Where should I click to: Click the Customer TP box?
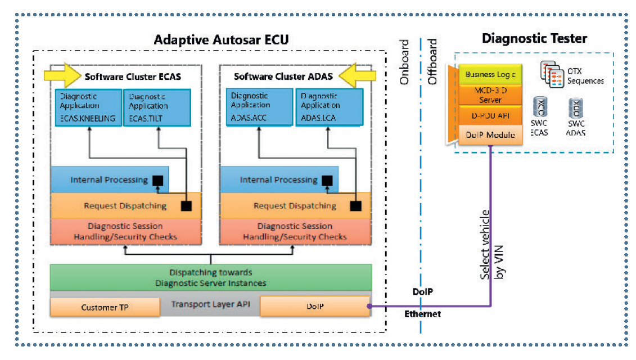pos(105,307)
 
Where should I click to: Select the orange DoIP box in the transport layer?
pos(314,306)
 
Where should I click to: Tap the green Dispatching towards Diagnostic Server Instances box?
pos(210,277)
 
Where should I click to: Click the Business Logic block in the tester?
pos(490,74)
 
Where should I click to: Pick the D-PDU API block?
pos(490,115)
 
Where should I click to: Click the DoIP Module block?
pos(490,135)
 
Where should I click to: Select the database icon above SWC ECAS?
pos(540,107)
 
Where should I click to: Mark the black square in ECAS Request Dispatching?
pos(186,206)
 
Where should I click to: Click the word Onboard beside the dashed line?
pos(404,62)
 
